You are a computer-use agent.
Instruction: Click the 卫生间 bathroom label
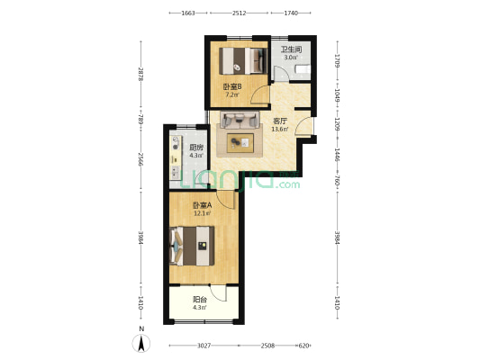click(292, 49)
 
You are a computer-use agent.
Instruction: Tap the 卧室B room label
click(231, 87)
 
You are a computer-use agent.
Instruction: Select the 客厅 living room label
click(280, 121)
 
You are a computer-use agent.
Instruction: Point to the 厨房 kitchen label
click(196, 148)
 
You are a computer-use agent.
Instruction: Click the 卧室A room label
click(202, 205)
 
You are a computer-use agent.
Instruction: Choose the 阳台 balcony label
click(200, 300)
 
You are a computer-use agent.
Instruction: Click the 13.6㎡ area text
click(280, 129)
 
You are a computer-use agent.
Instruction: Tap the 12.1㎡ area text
click(203, 213)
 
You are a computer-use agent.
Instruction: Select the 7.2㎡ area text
click(232, 94)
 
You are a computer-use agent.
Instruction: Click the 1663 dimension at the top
click(188, 13)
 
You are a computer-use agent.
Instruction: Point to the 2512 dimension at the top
click(239, 13)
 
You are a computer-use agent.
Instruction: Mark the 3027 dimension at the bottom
click(204, 346)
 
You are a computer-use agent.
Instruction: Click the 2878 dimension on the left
click(140, 75)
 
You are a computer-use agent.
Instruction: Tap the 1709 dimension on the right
click(337, 61)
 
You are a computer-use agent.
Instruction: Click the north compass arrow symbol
click(141, 344)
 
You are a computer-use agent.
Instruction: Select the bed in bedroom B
click(243, 61)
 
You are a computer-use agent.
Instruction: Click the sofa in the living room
click(240, 121)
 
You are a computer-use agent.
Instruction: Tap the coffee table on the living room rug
click(240, 143)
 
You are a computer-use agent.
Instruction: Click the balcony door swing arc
click(219, 292)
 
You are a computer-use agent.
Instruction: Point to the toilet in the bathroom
click(303, 69)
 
